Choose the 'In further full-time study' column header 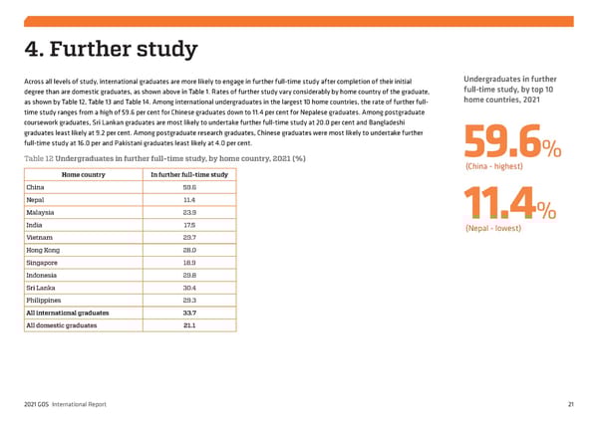(188, 175)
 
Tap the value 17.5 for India (188, 225)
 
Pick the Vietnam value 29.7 (188, 238)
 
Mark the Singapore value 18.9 (188, 263)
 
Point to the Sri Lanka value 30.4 (188, 288)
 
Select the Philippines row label (43, 300)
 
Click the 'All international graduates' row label (68, 313)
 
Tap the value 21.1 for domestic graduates (188, 324)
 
